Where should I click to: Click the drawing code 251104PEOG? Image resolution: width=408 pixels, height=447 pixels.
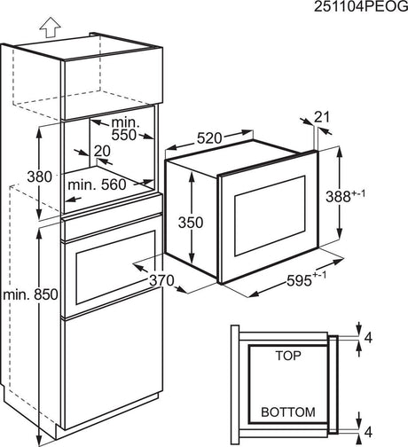pyautogui.click(x=361, y=7)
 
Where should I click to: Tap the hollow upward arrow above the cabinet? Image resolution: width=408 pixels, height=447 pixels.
pyautogui.click(x=50, y=27)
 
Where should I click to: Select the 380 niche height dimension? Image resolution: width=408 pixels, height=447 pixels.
pyautogui.click(x=40, y=176)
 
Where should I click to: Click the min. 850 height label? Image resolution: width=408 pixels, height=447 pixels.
pyautogui.click(x=30, y=294)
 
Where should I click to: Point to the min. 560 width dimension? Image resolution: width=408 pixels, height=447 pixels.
pyautogui.click(x=97, y=184)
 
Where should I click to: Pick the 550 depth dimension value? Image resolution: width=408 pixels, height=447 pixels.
pyautogui.click(x=124, y=135)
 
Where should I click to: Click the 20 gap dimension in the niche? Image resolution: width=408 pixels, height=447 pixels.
pyautogui.click(x=102, y=151)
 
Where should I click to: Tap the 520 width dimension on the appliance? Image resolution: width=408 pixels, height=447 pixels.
pyautogui.click(x=209, y=138)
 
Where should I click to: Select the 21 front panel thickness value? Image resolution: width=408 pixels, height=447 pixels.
pyautogui.click(x=321, y=117)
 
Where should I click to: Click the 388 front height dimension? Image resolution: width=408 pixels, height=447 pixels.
pyautogui.click(x=338, y=196)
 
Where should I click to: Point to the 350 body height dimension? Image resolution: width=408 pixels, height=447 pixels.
pyautogui.click(x=191, y=223)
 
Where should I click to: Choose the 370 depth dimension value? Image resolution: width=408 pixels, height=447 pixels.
pyautogui.click(x=161, y=280)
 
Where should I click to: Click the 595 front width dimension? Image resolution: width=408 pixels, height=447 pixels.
pyautogui.click(x=299, y=280)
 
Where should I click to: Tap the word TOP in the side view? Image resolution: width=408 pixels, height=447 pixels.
pyautogui.click(x=288, y=356)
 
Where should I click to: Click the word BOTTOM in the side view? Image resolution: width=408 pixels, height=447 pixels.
pyautogui.click(x=288, y=412)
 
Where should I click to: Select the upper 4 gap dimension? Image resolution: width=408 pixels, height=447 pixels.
pyautogui.click(x=368, y=338)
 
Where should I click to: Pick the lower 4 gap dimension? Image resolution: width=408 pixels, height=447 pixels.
pyautogui.click(x=368, y=432)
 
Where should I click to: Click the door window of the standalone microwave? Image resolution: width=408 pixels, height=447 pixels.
pyautogui.click(x=270, y=216)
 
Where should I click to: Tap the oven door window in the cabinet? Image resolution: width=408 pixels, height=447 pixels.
pyautogui.click(x=115, y=268)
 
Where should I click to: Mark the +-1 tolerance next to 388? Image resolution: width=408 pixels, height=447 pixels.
pyautogui.click(x=358, y=193)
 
